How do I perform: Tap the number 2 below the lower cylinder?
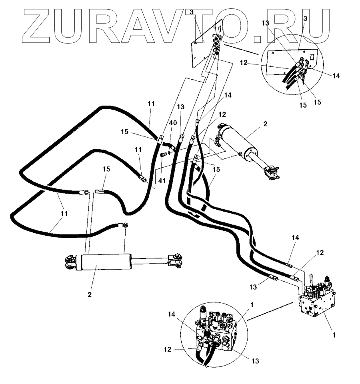(x=90, y=294)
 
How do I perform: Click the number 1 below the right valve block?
(x=334, y=334)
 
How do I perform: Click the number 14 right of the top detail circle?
(x=336, y=76)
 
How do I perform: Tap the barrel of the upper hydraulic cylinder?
(x=240, y=142)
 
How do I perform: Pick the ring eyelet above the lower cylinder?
(x=126, y=226)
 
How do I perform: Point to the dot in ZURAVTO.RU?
(x=251, y=39)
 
